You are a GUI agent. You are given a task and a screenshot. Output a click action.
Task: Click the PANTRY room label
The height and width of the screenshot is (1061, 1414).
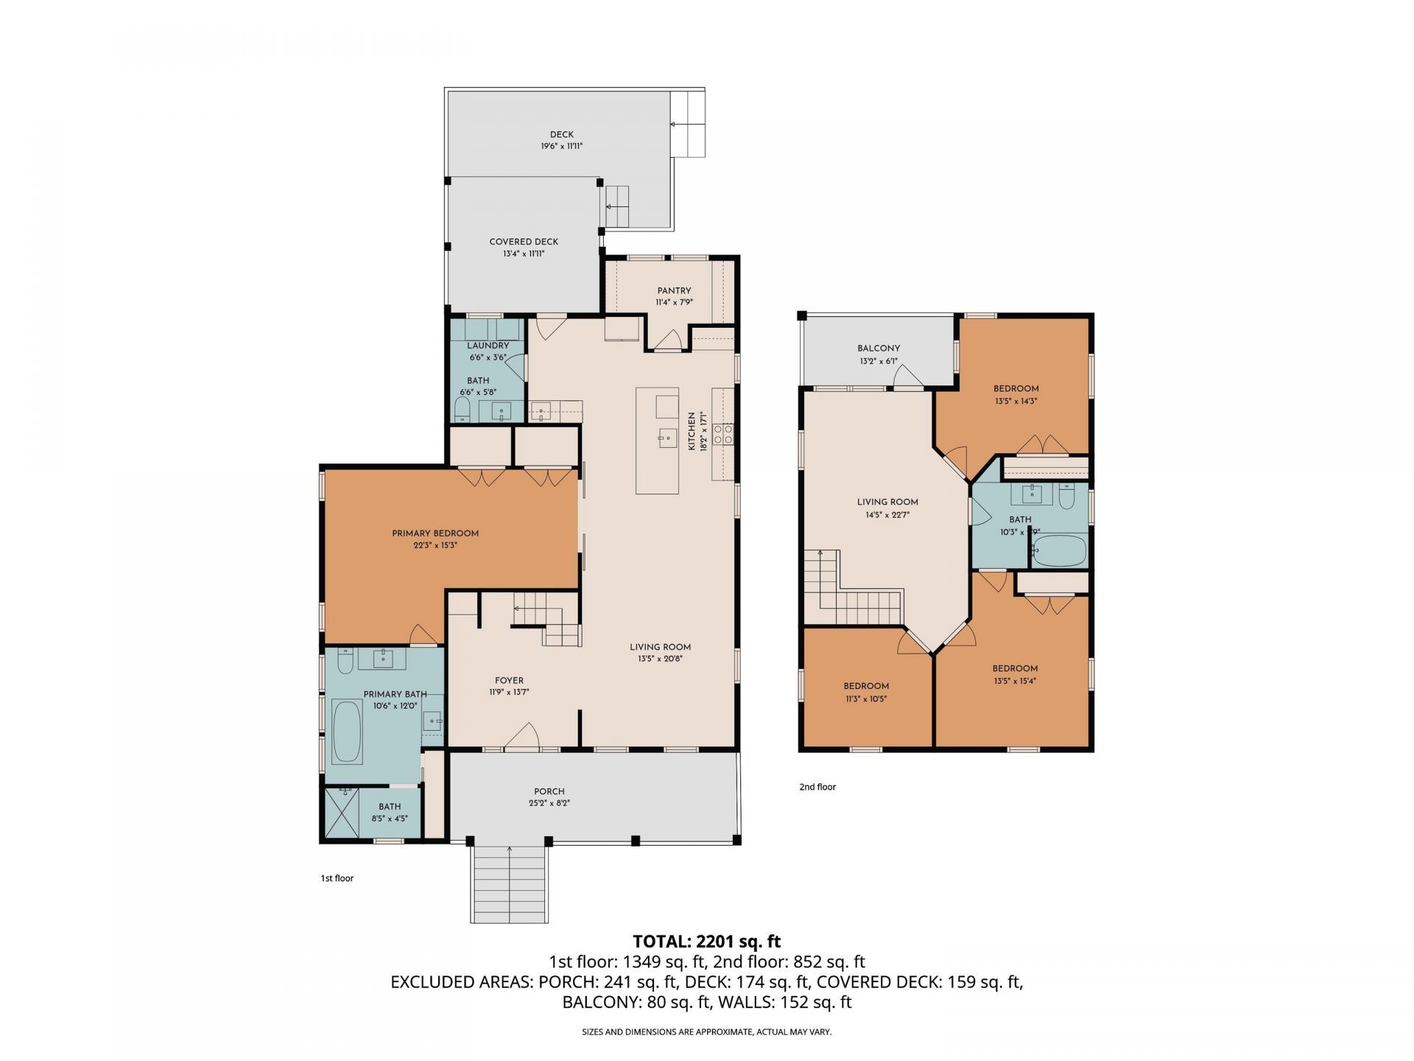[x=674, y=291]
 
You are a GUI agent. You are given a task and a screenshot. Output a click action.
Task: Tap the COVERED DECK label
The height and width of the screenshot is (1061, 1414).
[x=524, y=242]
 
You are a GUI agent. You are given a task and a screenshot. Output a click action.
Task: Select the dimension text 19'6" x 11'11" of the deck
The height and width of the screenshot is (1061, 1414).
[x=561, y=147]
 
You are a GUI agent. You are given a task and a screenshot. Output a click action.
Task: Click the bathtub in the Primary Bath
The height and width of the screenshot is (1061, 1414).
[x=347, y=732]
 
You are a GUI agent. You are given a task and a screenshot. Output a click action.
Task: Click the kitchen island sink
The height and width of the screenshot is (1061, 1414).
[x=668, y=438]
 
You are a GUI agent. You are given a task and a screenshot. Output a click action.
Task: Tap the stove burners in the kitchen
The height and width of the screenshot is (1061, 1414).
[x=722, y=433]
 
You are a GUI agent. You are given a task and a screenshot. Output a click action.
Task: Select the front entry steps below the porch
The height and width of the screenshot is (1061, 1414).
[x=509, y=883]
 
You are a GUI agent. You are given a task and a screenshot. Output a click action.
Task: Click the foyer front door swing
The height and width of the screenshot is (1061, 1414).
[x=522, y=738]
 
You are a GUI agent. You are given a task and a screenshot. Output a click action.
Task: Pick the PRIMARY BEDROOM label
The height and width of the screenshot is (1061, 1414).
[x=435, y=533]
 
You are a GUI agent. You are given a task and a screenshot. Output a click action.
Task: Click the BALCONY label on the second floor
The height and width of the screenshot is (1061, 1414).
[x=879, y=349]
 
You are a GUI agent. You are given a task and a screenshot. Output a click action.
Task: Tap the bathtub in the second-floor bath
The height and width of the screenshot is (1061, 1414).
[x=1059, y=550]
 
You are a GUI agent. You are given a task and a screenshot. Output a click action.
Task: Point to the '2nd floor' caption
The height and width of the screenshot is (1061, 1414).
[x=817, y=787]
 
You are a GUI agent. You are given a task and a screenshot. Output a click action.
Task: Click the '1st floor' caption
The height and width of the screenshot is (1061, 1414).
[x=337, y=878]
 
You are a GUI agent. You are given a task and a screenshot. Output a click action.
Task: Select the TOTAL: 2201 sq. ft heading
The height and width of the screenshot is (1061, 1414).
[x=706, y=941]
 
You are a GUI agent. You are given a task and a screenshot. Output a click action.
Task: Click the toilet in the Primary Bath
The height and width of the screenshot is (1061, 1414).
[x=345, y=662]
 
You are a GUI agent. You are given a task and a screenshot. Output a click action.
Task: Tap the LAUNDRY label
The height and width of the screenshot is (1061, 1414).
[x=488, y=346]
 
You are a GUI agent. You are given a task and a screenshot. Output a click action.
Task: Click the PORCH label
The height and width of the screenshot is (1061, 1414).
[x=549, y=791]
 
